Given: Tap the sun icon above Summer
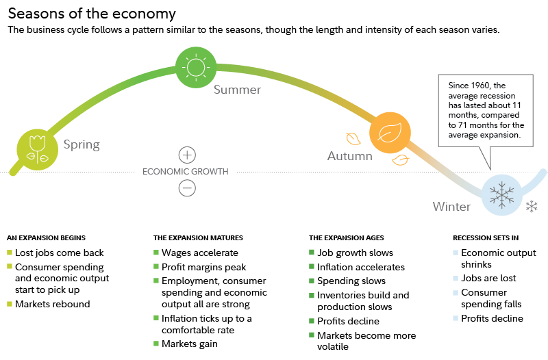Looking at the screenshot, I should (x=196, y=66).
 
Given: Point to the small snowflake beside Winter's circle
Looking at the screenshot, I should (x=532, y=206).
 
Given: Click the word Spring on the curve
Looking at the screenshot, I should (x=82, y=144).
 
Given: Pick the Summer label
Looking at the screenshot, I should (x=237, y=90).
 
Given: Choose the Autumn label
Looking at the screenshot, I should (x=349, y=156).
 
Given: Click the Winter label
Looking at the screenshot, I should (x=451, y=207).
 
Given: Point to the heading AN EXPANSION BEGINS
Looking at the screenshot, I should (x=46, y=237).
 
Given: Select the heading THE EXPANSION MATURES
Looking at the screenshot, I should (x=198, y=237).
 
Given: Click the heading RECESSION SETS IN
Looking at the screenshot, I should (x=485, y=237).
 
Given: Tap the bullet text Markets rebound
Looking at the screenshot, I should (x=52, y=304).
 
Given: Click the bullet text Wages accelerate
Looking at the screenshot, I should (x=200, y=253).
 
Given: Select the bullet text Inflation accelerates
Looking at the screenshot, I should (x=361, y=267).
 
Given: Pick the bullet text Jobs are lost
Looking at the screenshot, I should (x=488, y=278).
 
